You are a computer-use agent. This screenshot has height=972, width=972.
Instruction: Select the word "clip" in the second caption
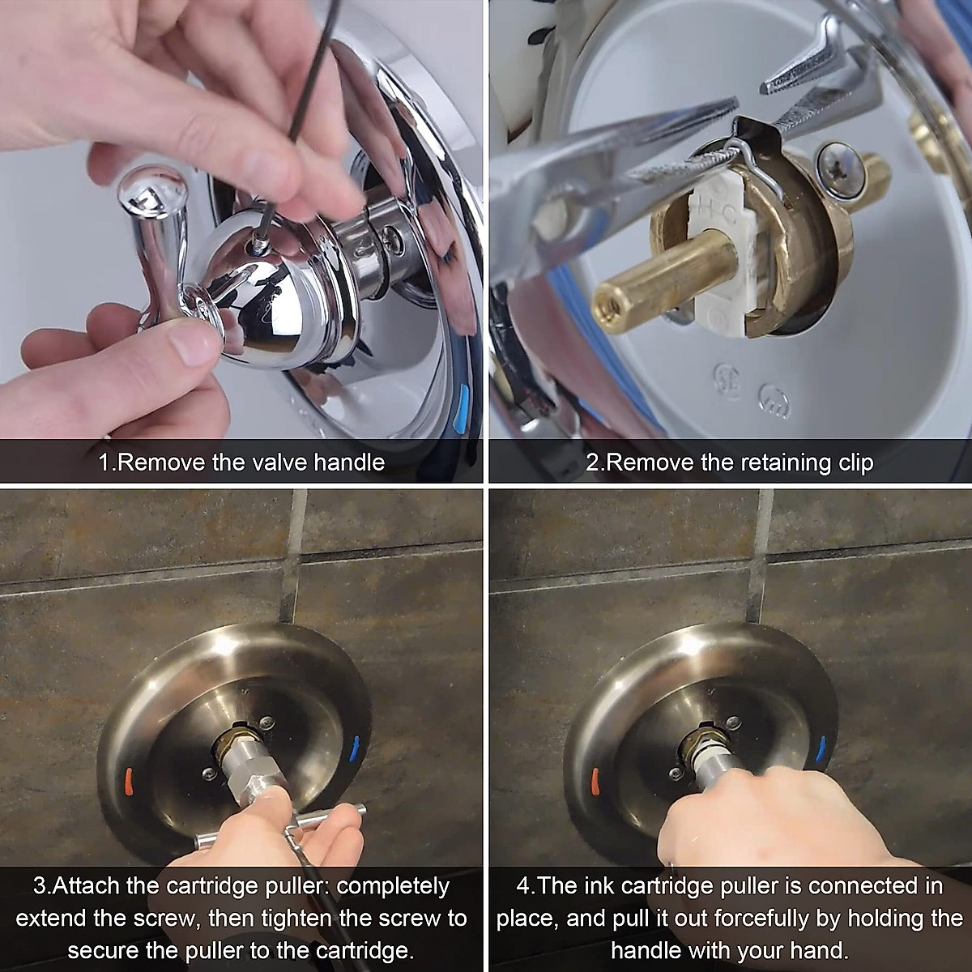852,463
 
